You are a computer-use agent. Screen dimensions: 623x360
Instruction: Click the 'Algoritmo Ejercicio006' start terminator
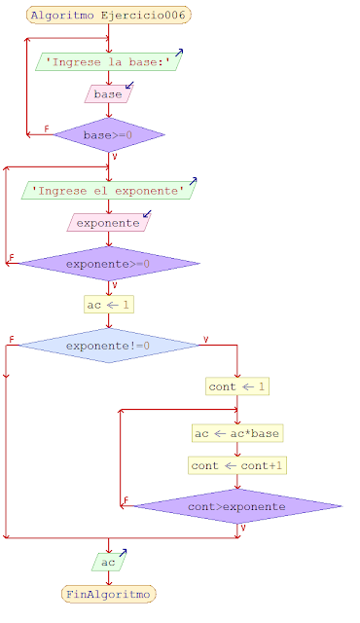pyautogui.click(x=109, y=16)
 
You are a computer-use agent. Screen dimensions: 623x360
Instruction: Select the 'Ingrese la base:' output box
pyautogui.click(x=109, y=62)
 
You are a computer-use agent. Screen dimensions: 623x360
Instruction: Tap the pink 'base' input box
pyautogui.click(x=109, y=94)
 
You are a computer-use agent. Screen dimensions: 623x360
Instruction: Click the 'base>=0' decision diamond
pyautogui.click(x=109, y=134)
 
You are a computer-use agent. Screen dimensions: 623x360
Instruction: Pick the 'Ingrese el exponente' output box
pyautogui.click(x=109, y=191)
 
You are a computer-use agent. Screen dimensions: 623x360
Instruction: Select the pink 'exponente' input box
pyautogui.click(x=109, y=223)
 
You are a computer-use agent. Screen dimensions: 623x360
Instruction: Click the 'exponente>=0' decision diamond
pyautogui.click(x=109, y=264)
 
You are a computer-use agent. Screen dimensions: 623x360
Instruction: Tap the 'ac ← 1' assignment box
pyautogui.click(x=109, y=305)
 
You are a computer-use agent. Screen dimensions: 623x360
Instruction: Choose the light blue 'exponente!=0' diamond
pyautogui.click(x=109, y=345)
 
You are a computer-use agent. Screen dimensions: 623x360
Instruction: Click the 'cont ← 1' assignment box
pyautogui.click(x=237, y=386)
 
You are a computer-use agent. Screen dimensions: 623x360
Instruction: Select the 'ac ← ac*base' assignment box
pyautogui.click(x=237, y=432)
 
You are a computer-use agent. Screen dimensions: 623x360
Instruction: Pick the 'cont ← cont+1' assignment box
pyautogui.click(x=237, y=465)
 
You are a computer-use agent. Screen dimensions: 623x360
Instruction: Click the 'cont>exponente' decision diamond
pyautogui.click(x=237, y=506)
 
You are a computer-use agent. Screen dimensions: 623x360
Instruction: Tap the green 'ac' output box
pyautogui.click(x=109, y=562)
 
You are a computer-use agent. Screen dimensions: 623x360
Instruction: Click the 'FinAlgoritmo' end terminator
pyautogui.click(x=109, y=593)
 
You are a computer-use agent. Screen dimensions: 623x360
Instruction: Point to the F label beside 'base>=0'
pyautogui.click(x=47, y=129)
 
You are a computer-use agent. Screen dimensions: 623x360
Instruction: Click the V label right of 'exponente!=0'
pyautogui.click(x=205, y=340)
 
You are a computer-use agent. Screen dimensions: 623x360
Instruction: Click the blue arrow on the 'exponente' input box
pyautogui.click(x=147, y=213)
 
